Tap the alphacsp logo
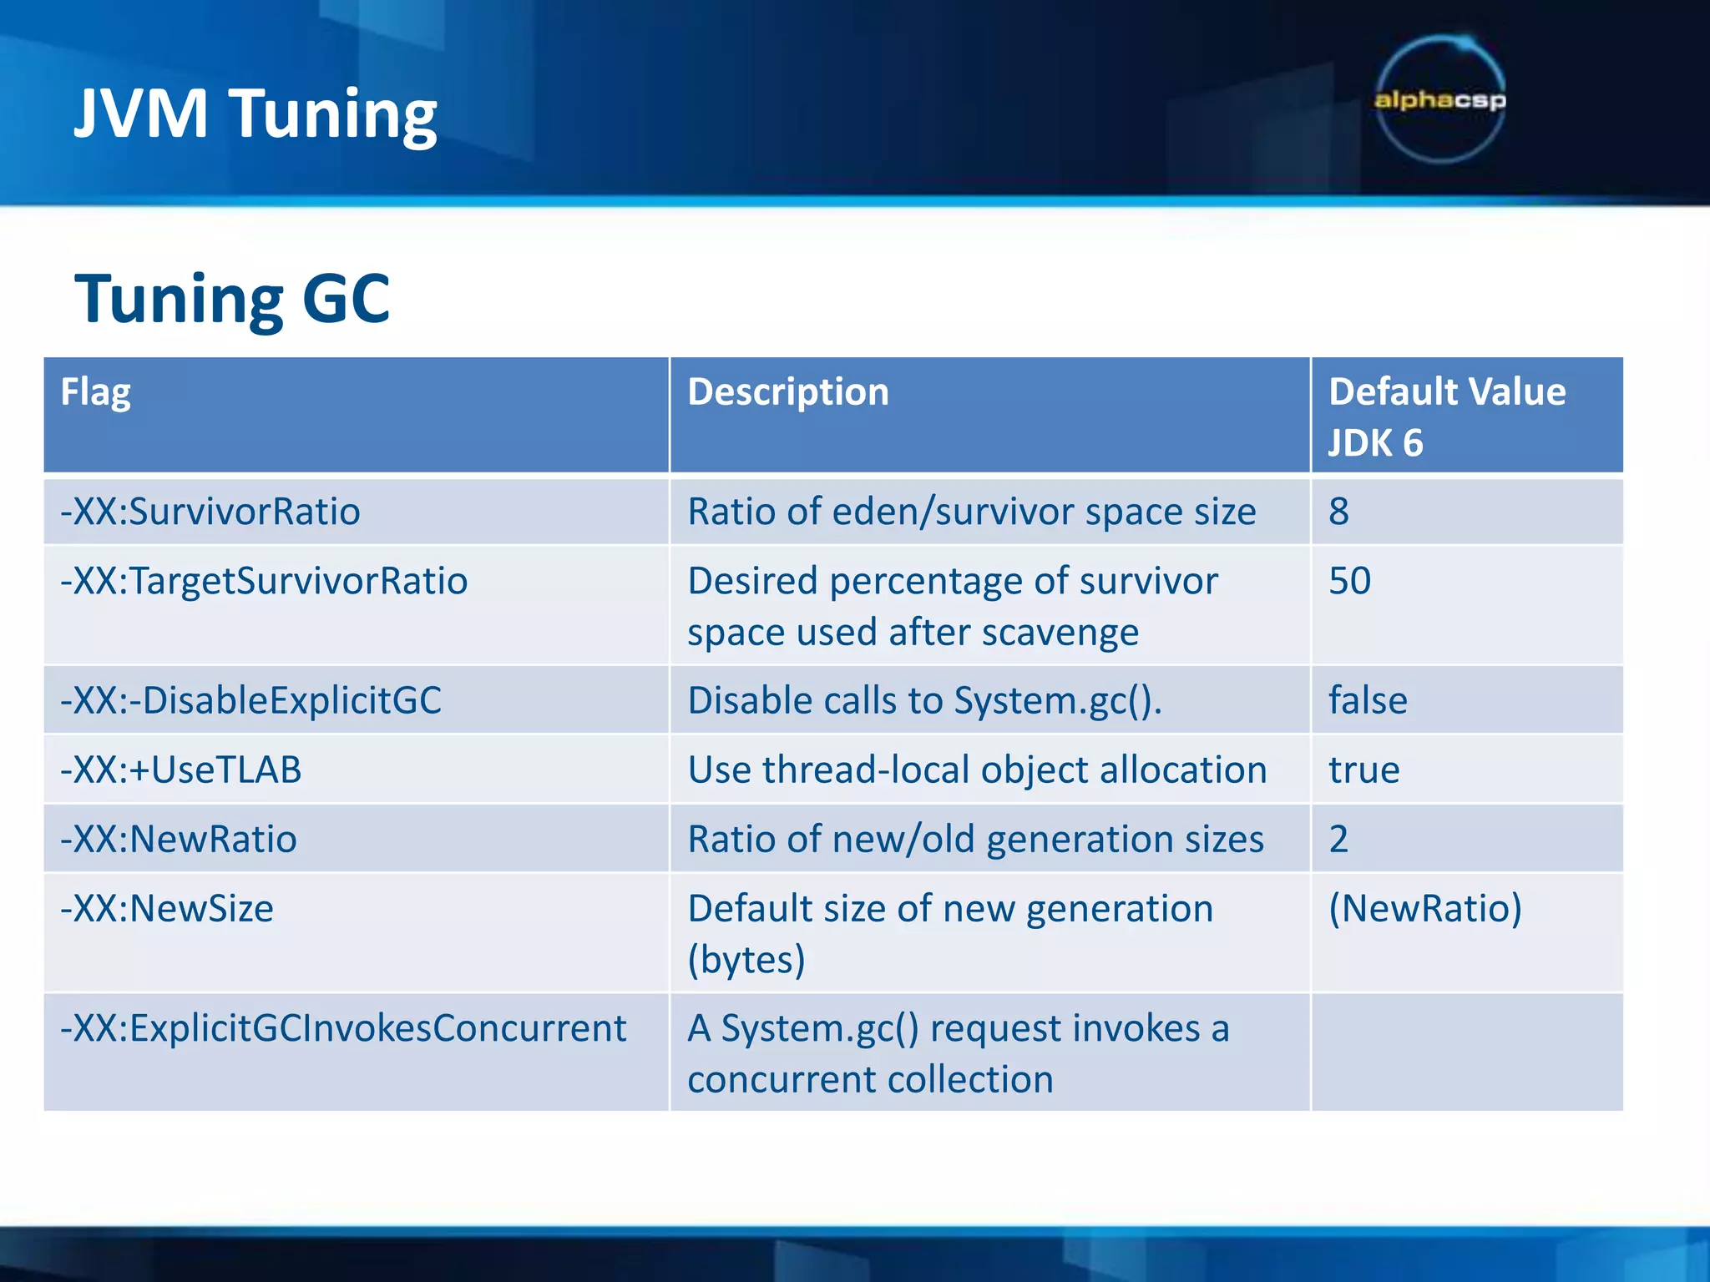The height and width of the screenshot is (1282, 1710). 1440,100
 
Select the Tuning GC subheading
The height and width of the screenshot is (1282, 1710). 232,299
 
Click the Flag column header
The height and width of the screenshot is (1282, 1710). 96,392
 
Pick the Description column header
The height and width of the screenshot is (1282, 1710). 788,392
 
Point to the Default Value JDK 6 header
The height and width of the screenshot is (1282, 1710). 1447,416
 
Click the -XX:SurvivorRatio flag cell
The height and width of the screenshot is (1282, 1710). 210,512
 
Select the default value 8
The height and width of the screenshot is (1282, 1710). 1338,512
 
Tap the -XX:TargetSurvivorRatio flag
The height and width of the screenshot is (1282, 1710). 264,581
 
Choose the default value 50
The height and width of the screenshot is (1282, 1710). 1349,581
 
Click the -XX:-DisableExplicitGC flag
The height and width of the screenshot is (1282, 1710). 250,700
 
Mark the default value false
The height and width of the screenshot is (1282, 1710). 1368,700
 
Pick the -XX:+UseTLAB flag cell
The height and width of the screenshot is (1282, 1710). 180,770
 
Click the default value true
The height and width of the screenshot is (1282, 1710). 1364,770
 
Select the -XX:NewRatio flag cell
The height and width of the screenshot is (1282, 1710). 179,839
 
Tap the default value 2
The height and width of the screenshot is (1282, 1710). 1338,839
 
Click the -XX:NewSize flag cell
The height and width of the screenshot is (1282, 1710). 167,908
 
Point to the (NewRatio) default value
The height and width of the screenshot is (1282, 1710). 1425,908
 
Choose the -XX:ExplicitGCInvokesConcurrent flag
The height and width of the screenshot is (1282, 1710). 343,1028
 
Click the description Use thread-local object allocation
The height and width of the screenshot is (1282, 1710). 977,770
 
